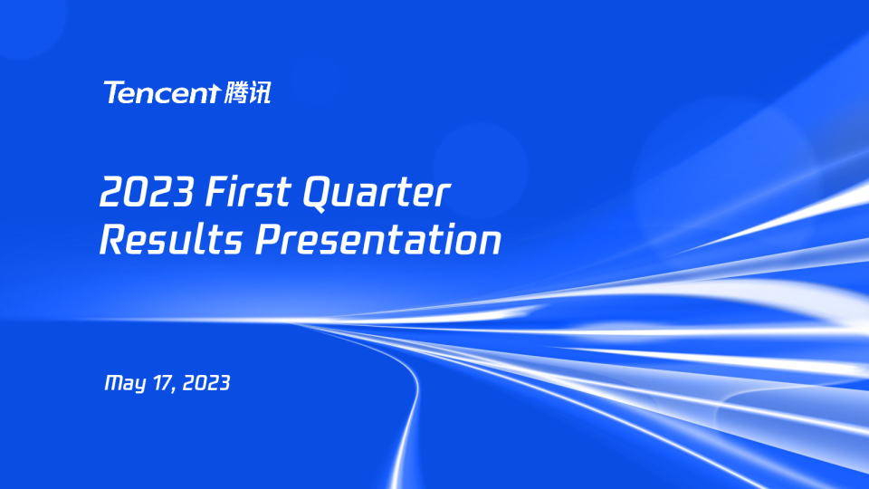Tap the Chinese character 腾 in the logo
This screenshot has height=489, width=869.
pos(234,92)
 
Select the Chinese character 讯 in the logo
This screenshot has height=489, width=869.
pos(259,92)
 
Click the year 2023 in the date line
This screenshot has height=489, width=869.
pos(206,383)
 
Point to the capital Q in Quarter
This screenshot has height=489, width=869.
pos(317,194)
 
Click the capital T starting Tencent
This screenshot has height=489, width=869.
pos(113,92)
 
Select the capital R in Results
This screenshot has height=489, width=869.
pos(112,240)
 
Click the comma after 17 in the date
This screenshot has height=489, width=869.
pos(174,389)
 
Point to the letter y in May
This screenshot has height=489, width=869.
pos(139,386)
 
